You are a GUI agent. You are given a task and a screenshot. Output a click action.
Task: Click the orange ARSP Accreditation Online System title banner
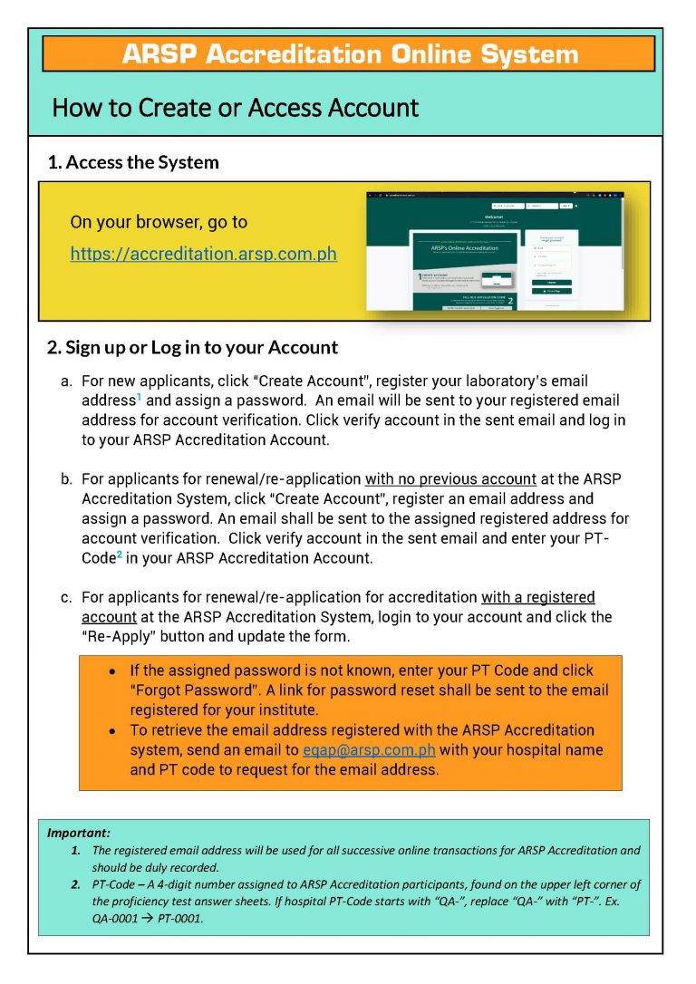pos(349,53)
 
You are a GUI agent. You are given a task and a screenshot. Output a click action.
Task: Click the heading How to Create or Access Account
pos(235,108)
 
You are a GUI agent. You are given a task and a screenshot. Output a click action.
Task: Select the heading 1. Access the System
pos(133,163)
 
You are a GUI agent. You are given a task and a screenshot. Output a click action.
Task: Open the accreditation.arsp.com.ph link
pos(203,254)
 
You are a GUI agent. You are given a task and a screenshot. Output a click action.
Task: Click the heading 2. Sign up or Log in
pos(192,347)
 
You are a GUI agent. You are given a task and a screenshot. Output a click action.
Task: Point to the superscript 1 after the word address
pos(139,396)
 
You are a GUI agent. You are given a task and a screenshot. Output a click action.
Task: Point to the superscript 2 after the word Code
pos(118,554)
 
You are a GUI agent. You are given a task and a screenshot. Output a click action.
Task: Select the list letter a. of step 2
pos(66,381)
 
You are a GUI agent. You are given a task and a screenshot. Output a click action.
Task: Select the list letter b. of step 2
pos(66,478)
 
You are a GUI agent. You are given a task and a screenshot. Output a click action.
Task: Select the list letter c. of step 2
pos(66,597)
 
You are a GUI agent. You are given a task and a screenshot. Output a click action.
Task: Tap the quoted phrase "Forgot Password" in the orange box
pos(196,690)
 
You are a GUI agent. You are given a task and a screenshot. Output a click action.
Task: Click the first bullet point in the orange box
pos(110,671)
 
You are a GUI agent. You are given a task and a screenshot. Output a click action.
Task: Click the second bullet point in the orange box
pos(110,730)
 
